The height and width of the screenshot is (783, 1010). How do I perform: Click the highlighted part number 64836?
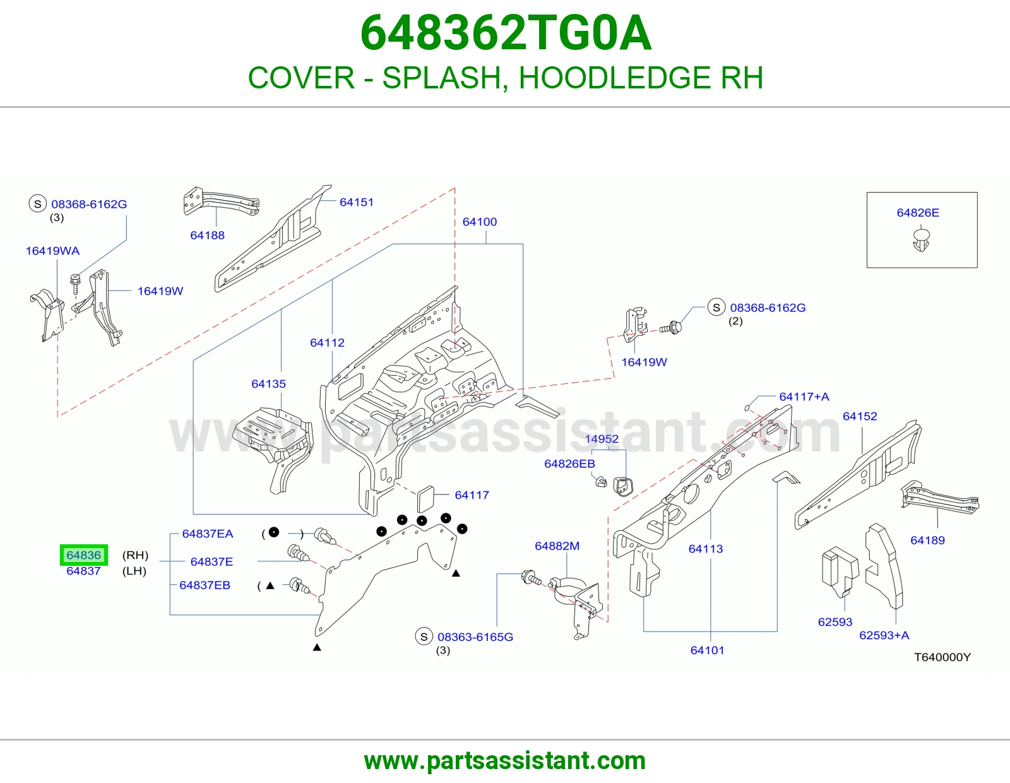point(84,554)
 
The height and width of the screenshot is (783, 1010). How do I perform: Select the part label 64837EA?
point(207,534)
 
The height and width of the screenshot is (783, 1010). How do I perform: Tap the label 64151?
point(357,202)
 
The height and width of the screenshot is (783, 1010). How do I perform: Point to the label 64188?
point(207,235)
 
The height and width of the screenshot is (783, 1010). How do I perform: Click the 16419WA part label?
point(52,251)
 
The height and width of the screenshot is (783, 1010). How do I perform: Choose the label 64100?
point(480,221)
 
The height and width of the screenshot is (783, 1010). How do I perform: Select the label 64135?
point(269,383)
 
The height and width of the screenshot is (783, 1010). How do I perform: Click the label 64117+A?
point(804,396)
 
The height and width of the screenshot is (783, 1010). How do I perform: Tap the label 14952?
point(602,438)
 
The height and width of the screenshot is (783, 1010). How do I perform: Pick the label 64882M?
point(557,546)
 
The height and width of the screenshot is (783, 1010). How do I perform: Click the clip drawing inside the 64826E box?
point(921,239)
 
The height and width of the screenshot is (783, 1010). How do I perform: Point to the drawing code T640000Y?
point(942,657)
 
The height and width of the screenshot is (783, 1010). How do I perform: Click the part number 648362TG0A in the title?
point(506,33)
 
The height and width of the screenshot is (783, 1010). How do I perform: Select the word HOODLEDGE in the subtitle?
point(614,77)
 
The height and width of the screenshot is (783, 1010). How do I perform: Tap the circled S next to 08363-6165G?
point(424,637)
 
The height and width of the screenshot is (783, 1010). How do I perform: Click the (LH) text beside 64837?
point(134,570)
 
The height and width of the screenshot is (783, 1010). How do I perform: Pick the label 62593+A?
point(884,635)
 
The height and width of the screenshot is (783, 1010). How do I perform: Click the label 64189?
point(928,540)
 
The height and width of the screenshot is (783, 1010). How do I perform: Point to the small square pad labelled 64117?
point(425,498)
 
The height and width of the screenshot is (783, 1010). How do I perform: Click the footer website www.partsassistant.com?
point(505,761)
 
